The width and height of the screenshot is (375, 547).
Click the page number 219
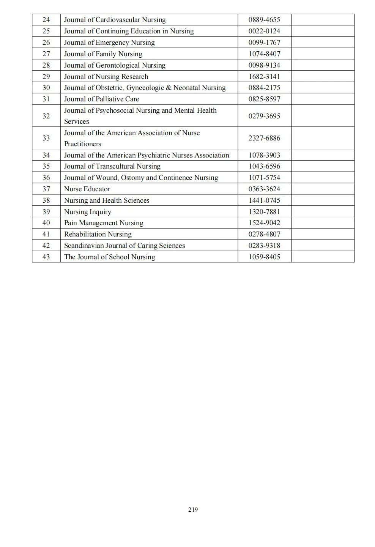tap(193, 509)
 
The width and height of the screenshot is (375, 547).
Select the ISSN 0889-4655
tap(264, 20)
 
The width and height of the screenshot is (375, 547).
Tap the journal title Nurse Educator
tap(87, 189)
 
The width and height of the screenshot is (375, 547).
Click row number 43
tap(46, 257)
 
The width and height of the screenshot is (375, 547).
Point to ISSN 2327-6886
tap(264, 138)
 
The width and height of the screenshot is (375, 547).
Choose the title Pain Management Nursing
tap(104, 223)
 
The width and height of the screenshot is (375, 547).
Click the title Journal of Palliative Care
tap(101, 99)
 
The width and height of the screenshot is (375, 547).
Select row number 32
tap(46, 116)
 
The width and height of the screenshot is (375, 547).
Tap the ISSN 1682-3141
tap(264, 77)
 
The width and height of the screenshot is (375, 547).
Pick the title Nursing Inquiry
tap(87, 212)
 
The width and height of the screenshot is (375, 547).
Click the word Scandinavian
tap(81, 246)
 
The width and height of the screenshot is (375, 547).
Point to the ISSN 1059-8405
tap(264, 257)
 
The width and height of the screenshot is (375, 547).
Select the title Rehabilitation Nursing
tap(98, 234)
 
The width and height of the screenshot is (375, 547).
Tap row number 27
tap(46, 54)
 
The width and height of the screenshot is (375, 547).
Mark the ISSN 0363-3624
tap(264, 189)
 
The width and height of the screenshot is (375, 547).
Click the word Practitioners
tap(82, 144)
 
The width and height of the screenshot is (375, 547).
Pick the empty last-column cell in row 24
tap(323, 20)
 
